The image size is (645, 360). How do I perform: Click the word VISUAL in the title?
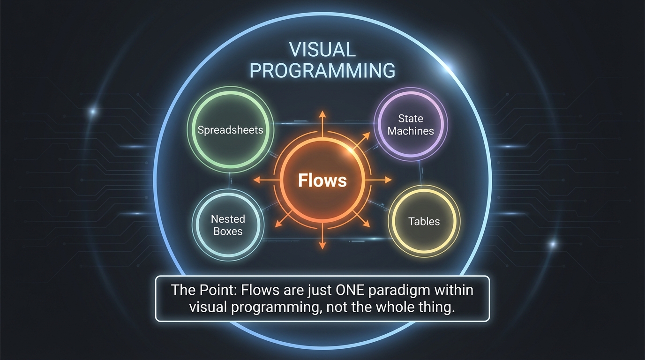pos(322,49)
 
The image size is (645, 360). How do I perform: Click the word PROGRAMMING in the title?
pos(322,70)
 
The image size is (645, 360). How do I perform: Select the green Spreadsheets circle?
pos(230,130)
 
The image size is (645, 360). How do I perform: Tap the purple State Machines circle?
pos(411,125)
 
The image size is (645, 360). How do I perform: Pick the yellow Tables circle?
pos(424,221)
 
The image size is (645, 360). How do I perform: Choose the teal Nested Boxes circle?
pos(228,225)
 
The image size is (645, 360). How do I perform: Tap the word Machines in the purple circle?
pos(411,131)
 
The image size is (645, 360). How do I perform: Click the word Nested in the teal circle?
pos(228,219)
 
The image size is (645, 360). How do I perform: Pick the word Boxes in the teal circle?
pos(228,231)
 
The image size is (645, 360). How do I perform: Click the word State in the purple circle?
pos(411,119)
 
